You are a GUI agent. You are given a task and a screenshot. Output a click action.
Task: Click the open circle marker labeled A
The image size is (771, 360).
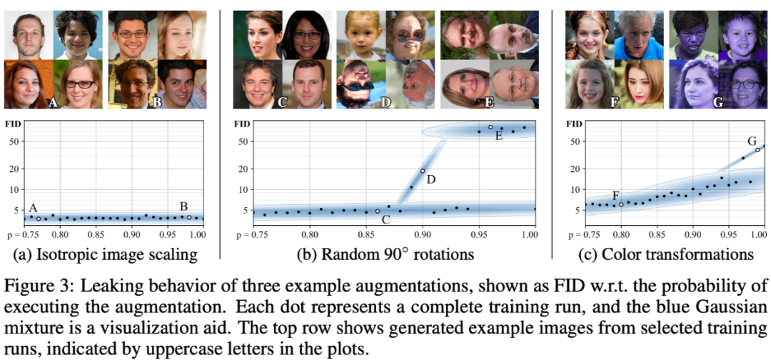click(x=39, y=219)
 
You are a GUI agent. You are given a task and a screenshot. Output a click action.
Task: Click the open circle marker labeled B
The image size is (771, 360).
click(x=189, y=217)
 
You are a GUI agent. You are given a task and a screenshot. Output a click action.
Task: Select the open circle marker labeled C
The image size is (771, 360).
click(x=378, y=211)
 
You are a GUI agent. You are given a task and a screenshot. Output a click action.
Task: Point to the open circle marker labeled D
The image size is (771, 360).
click(x=423, y=171)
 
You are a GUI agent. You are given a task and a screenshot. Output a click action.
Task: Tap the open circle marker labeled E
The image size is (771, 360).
click(x=490, y=127)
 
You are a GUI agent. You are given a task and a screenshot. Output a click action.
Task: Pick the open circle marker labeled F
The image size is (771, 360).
click(x=621, y=204)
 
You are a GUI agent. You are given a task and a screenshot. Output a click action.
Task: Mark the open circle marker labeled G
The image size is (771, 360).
click(x=757, y=150)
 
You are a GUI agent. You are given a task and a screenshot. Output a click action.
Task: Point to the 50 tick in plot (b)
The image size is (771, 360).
click(x=243, y=141)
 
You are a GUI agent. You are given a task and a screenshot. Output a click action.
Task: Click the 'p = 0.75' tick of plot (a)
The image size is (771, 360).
click(x=21, y=234)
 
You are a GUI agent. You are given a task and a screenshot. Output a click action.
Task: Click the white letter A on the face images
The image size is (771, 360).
click(x=51, y=103)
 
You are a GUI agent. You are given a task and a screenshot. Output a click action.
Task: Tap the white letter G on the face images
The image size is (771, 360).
click(x=717, y=103)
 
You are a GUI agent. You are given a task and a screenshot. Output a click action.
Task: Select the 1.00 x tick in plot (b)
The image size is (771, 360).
click(x=529, y=234)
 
